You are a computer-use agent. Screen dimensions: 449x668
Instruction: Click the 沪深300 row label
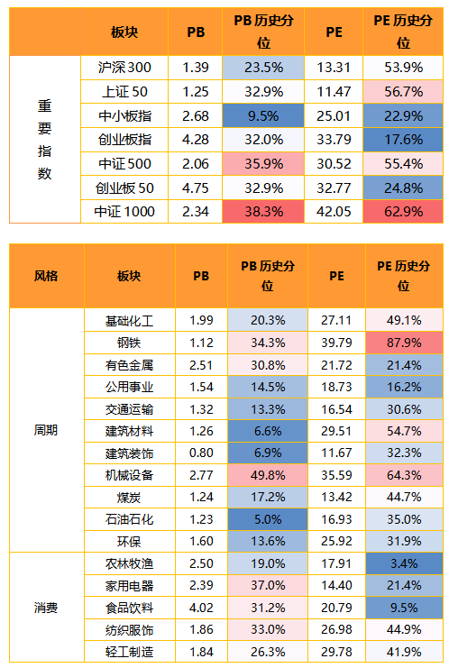coord(124,68)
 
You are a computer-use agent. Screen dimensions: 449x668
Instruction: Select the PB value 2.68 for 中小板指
coord(196,116)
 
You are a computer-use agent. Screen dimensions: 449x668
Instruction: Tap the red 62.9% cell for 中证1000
coord(403,212)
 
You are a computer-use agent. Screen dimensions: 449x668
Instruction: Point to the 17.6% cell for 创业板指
coord(403,140)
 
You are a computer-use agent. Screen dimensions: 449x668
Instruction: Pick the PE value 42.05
coord(334,212)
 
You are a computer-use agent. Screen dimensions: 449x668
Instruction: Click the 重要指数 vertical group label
coord(45,139)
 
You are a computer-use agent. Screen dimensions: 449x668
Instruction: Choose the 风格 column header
coord(46,276)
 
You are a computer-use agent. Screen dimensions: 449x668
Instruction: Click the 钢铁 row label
coord(129,343)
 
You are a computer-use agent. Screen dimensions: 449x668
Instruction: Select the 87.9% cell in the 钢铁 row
coord(404,343)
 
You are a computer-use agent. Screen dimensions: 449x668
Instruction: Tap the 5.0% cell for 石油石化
coord(268,520)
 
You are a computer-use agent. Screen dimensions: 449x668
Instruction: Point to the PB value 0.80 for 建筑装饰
coord(201,453)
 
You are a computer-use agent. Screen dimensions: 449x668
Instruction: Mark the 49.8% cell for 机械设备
coord(268,475)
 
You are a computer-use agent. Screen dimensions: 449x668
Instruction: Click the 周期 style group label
coord(46,430)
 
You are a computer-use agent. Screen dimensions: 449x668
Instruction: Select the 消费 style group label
coord(46,608)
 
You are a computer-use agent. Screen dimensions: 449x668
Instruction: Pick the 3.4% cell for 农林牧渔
coord(404,564)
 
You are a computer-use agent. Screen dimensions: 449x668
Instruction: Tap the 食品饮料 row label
coord(129,608)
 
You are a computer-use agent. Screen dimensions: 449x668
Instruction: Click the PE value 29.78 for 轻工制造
coord(336,653)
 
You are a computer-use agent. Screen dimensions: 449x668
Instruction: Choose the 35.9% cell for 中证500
coord(263,164)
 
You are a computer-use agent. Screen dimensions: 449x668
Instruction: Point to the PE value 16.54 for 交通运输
coord(336,410)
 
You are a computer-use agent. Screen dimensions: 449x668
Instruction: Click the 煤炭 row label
coord(129,498)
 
